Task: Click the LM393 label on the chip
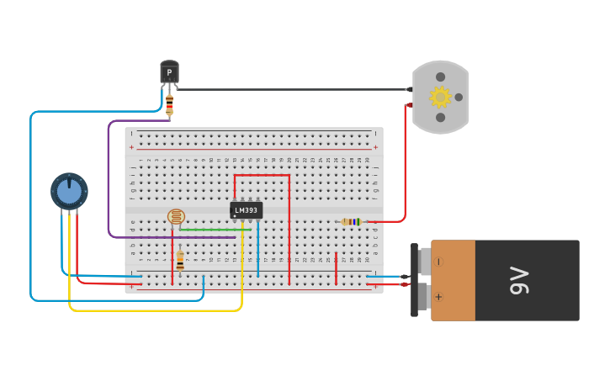[246, 209]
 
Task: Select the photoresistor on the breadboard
[176, 216]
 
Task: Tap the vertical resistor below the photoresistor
[180, 262]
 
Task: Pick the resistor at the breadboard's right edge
[352, 222]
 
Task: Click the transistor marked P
[169, 73]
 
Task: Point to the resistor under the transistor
[169, 105]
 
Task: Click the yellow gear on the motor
[440, 97]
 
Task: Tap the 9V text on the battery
[519, 280]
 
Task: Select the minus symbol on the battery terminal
[438, 262]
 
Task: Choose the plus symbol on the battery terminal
[438, 297]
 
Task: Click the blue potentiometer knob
[69, 192]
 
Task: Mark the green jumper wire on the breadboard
[215, 229]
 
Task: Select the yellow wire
[151, 310]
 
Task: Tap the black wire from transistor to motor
[294, 89]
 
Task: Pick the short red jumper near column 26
[336, 267]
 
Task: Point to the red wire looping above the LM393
[262, 176]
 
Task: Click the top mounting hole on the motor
[440, 77]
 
